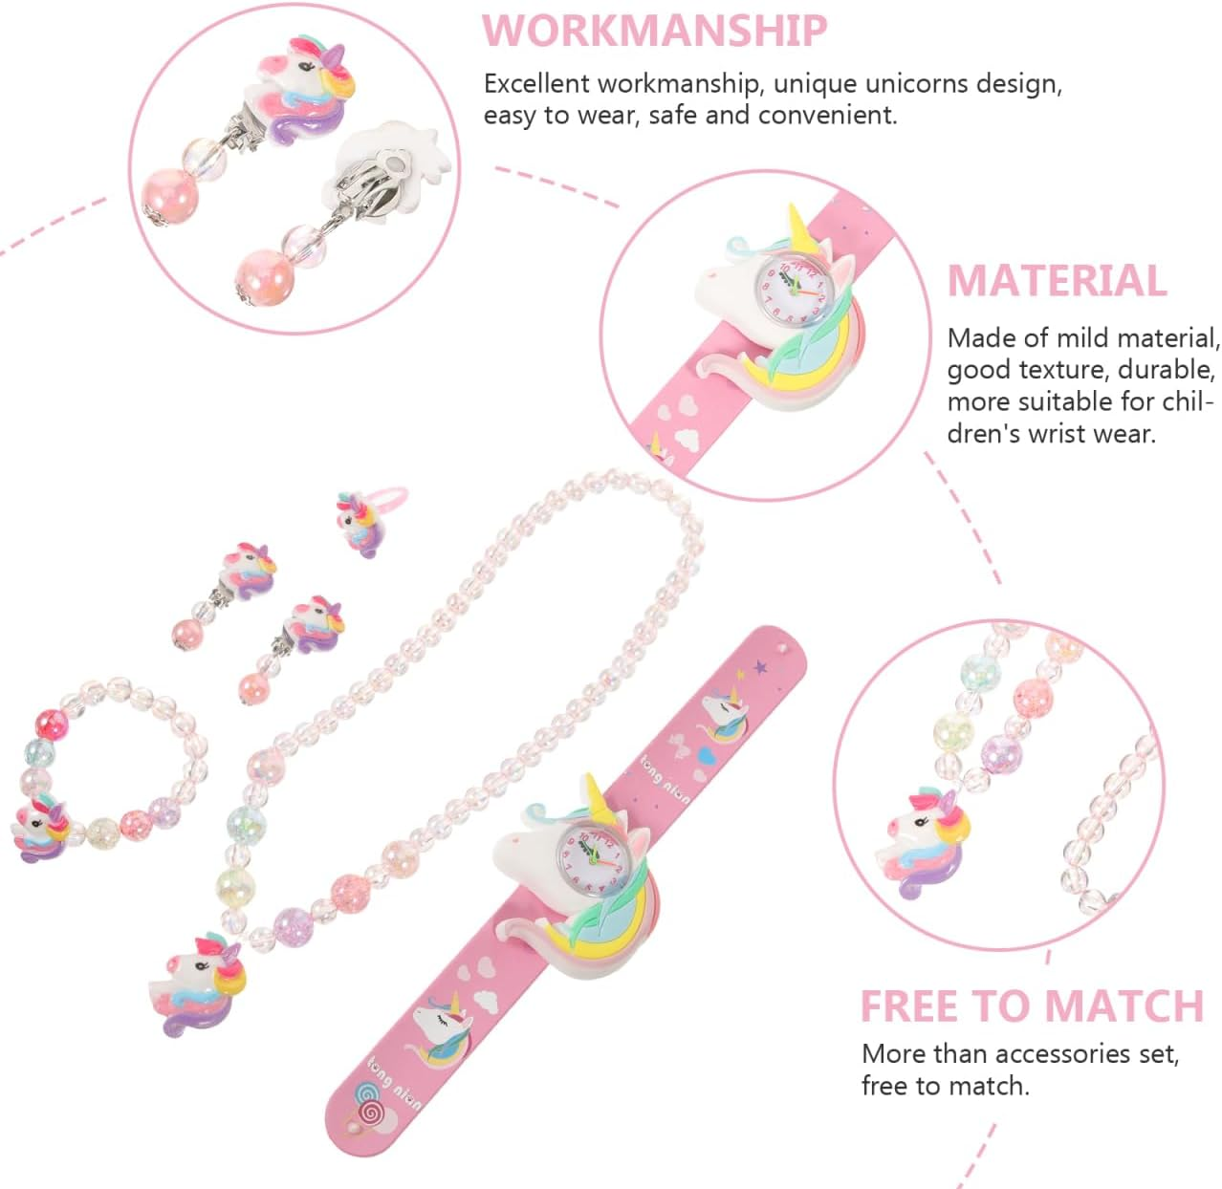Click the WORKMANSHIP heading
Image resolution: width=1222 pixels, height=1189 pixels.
(x=654, y=31)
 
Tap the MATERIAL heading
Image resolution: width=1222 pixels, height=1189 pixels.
(x=1057, y=281)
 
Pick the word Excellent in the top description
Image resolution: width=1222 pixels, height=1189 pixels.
(x=537, y=83)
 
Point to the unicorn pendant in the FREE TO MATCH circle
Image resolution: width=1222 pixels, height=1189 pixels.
(x=925, y=841)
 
